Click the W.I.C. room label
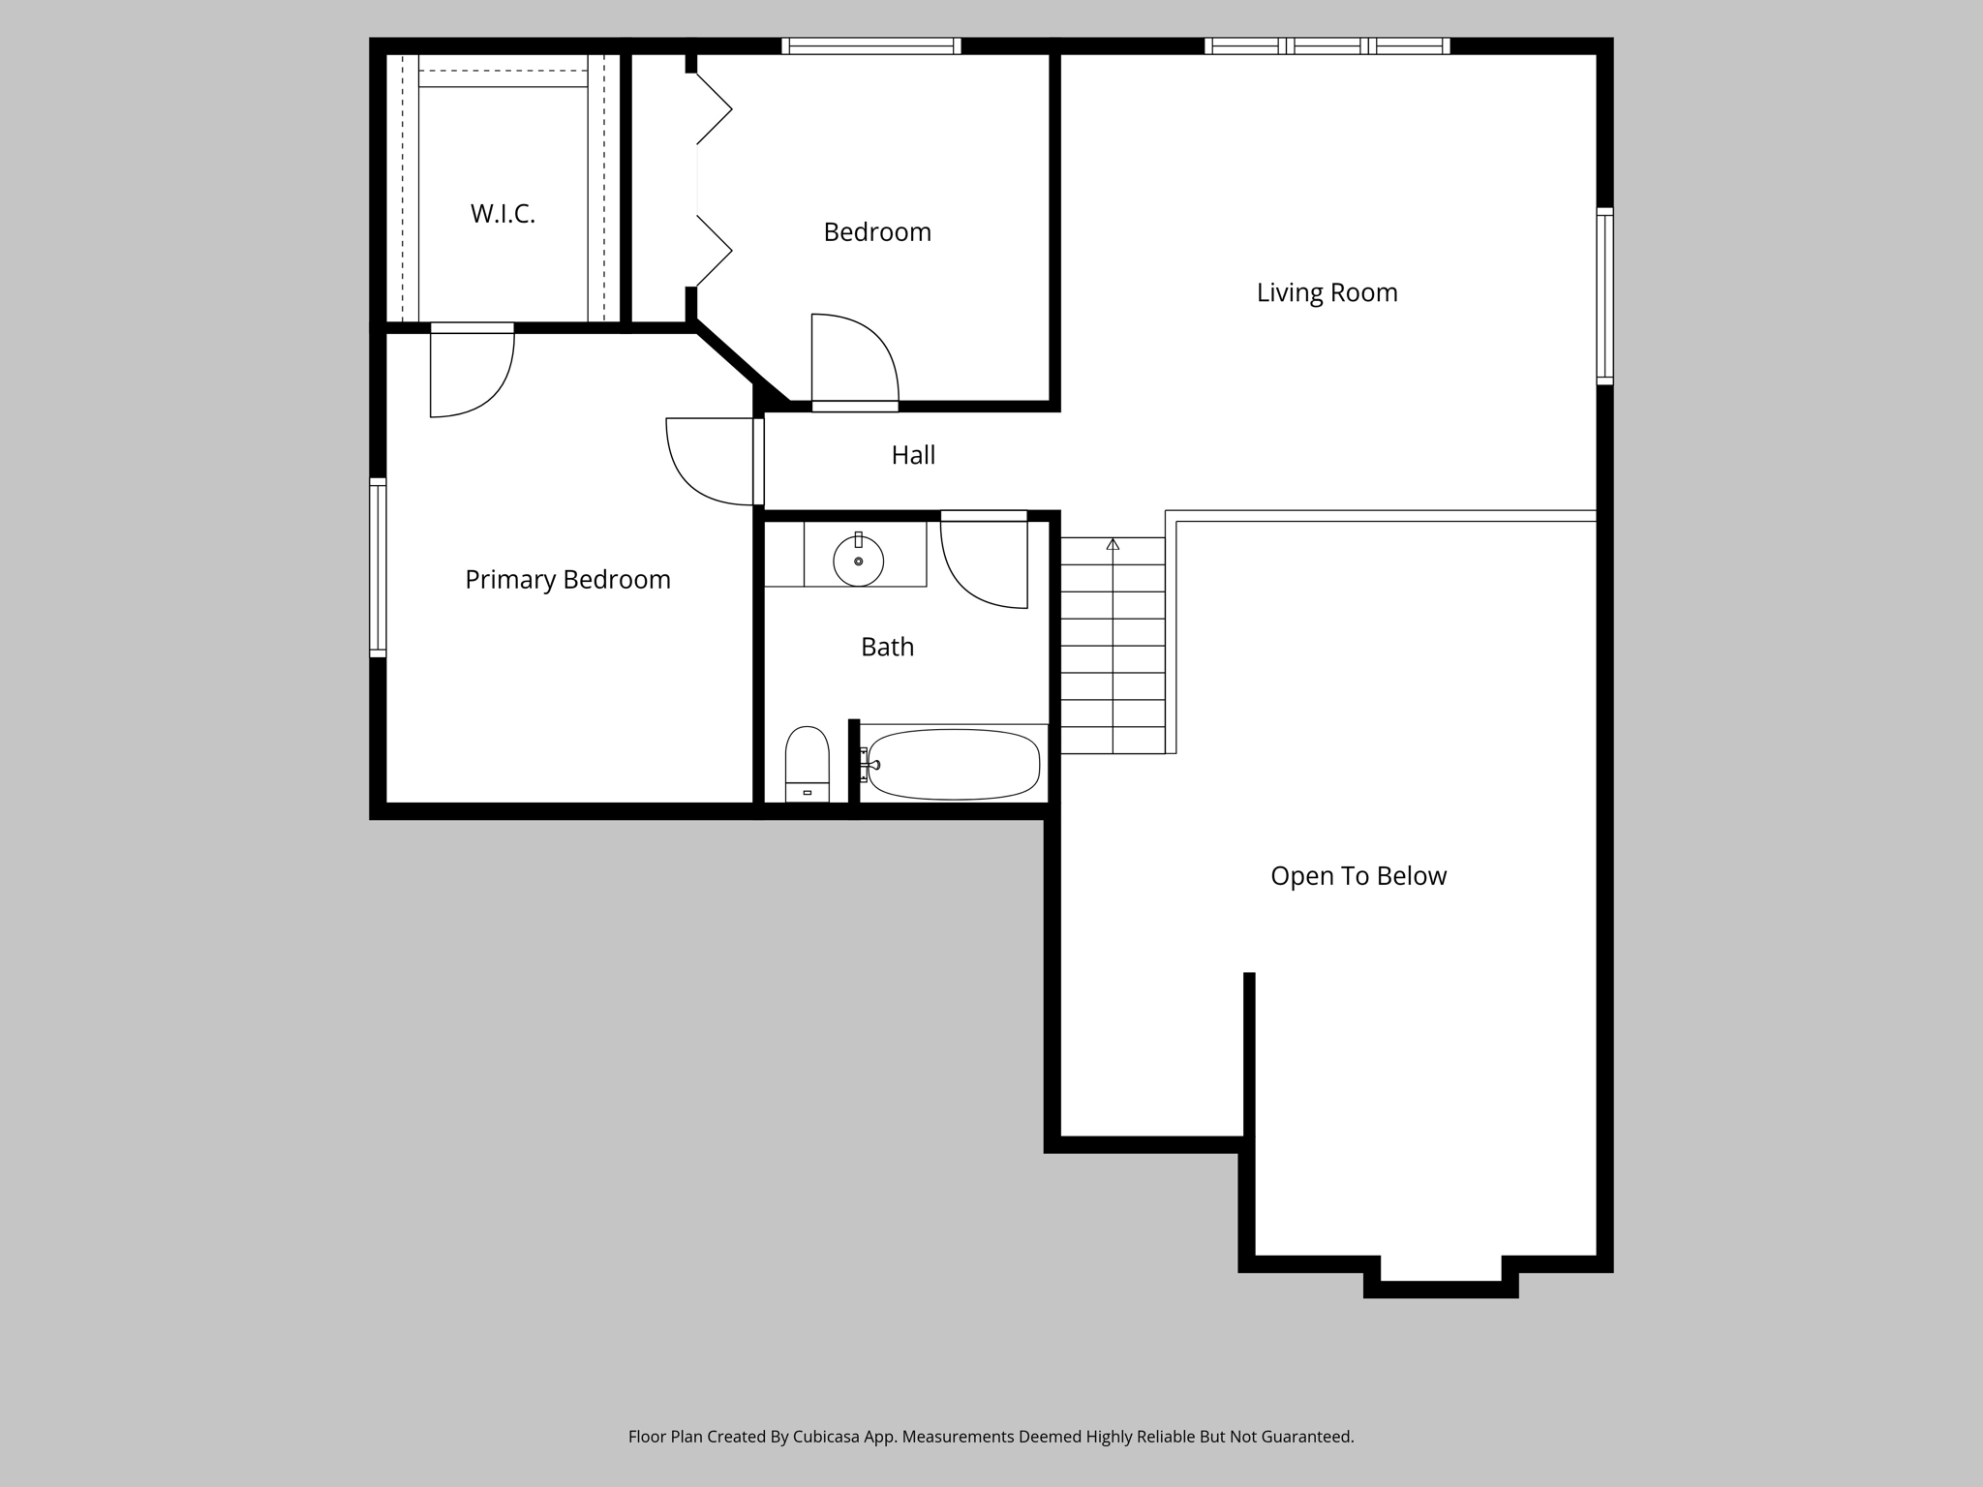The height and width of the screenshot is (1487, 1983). (x=503, y=214)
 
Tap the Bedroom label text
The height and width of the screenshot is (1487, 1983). (x=877, y=232)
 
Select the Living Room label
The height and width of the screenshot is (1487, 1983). (x=1327, y=292)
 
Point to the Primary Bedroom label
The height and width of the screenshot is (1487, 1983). (x=567, y=580)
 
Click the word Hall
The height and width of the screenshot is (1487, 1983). (x=913, y=455)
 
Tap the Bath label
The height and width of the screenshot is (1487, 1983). (x=887, y=647)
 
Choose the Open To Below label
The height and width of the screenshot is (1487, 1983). (x=1358, y=876)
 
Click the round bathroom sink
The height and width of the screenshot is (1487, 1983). (x=859, y=561)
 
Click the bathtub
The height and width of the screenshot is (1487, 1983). (x=954, y=765)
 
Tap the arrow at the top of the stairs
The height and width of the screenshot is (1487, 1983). (x=1113, y=545)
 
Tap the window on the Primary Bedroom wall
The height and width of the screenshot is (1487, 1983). (x=378, y=567)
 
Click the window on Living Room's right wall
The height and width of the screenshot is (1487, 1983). (x=1604, y=295)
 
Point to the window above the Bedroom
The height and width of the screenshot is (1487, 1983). (x=870, y=46)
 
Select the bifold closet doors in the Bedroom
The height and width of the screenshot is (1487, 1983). (x=713, y=180)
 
